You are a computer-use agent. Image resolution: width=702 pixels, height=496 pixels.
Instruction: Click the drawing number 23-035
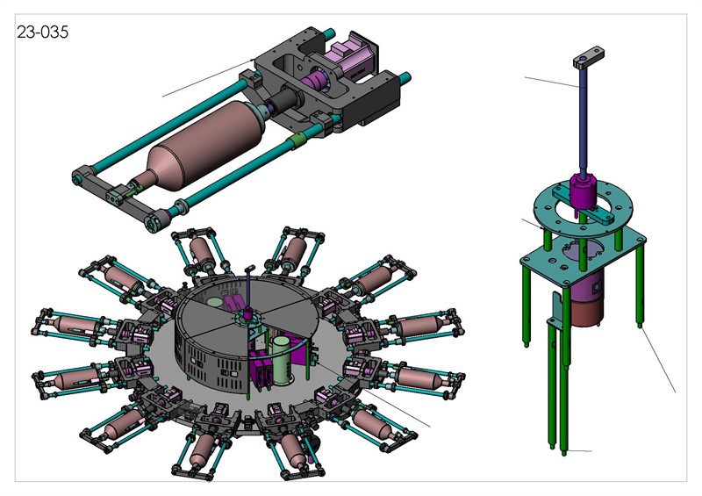[42, 32]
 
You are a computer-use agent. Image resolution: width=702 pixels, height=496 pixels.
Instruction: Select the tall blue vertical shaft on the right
[583, 121]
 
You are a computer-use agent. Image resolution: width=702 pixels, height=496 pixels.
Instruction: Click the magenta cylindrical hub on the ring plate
[582, 191]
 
